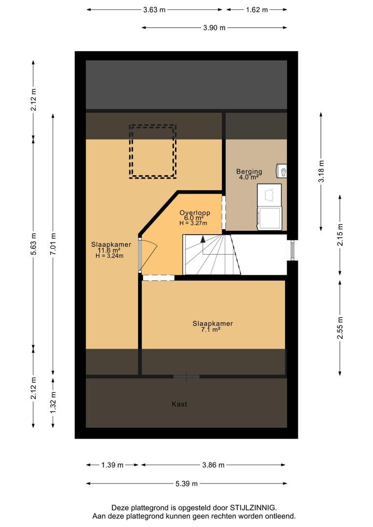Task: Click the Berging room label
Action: [249, 171]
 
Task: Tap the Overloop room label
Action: [195, 212]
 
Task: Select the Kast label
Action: [179, 404]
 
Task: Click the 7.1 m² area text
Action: [210, 330]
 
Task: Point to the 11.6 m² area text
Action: [109, 250]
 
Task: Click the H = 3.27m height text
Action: [193, 223]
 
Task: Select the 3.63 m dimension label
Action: [154, 10]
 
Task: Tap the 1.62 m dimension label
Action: [257, 10]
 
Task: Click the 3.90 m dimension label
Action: [214, 28]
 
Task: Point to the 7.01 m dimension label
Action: [53, 244]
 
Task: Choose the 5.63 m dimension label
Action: [33, 244]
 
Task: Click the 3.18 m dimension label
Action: [322, 171]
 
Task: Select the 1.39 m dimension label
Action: [112, 465]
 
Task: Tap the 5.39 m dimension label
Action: [186, 484]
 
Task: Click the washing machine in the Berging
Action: [269, 218]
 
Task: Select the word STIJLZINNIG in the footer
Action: [253, 507]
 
